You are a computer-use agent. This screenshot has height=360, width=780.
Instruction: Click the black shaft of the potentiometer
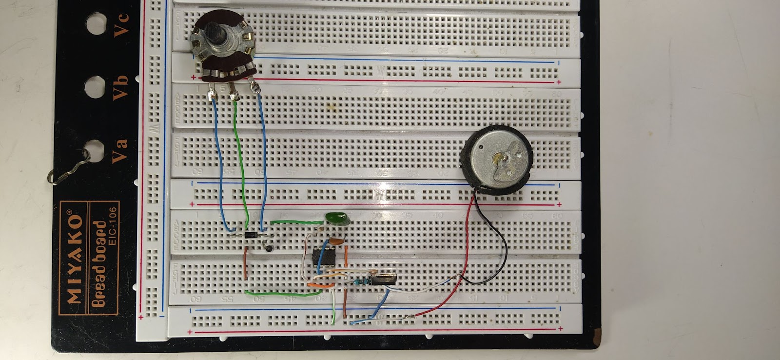pyautogui.click(x=215, y=34)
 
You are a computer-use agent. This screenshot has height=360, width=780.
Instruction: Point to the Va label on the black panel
pyautogui.click(x=119, y=150)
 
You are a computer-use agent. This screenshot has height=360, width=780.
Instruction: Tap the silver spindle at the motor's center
pyautogui.click(x=498, y=158)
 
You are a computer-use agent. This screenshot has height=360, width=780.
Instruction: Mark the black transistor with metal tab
pyautogui.click(x=383, y=279)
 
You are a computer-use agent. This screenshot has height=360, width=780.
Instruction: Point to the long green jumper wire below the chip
pyautogui.click(x=278, y=294)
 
